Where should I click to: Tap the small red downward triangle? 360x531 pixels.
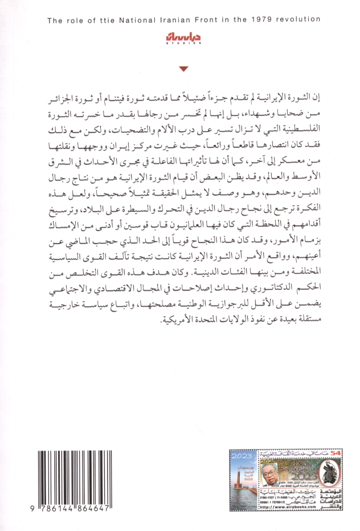point(182,70)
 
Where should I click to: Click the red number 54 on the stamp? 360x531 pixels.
point(336,452)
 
